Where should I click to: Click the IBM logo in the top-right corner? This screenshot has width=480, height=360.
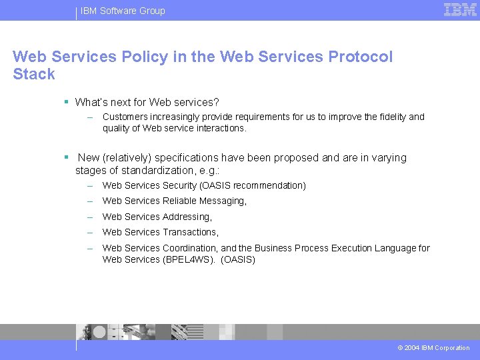460,10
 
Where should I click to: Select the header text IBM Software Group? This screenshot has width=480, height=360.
123,11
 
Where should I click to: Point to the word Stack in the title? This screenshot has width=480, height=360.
33,74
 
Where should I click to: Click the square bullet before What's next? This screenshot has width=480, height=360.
67,102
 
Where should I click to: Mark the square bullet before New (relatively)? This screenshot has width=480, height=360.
67,157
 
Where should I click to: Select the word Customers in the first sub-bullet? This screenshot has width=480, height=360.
125,117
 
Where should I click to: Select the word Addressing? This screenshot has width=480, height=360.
187,217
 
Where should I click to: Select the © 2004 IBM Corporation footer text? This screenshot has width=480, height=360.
433,348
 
